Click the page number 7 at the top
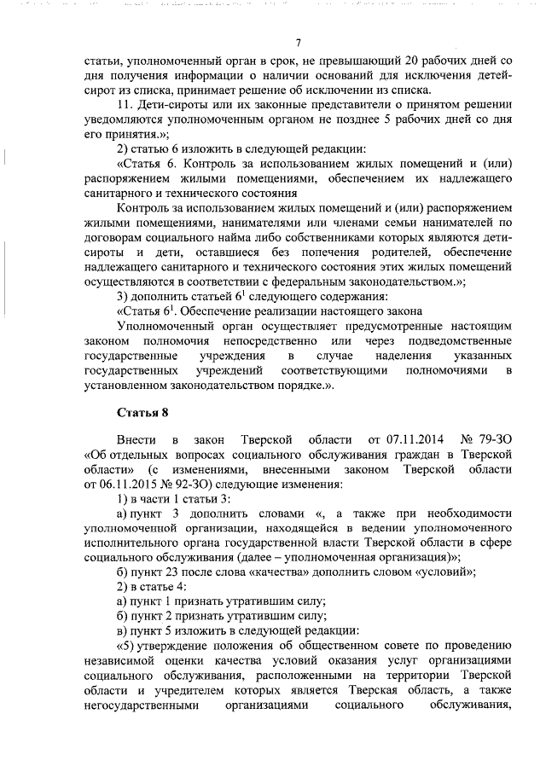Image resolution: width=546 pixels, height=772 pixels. (x=299, y=44)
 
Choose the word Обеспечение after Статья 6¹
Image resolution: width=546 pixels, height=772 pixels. (x=200, y=311)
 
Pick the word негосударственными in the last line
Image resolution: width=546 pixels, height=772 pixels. (x=142, y=705)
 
